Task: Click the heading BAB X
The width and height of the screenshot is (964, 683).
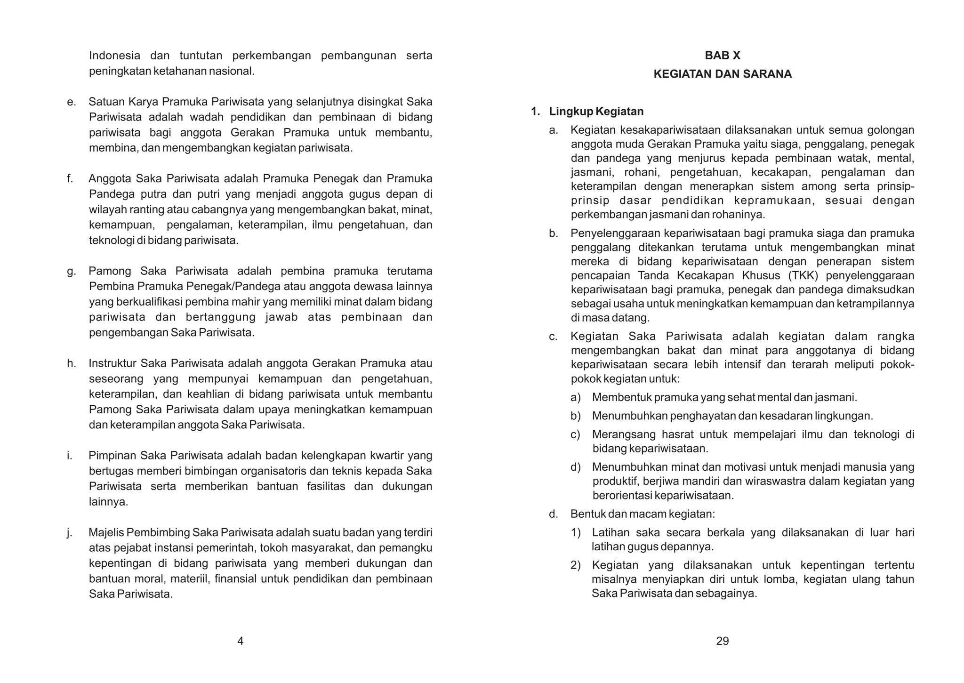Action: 722,56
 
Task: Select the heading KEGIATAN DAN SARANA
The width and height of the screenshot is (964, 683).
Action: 722,74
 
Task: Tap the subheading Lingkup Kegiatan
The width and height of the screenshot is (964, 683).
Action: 596,112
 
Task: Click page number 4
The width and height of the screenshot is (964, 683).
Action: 240,641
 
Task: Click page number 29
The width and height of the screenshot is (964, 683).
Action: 722,641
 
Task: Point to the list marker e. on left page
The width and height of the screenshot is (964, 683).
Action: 71,102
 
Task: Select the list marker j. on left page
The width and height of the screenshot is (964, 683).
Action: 70,533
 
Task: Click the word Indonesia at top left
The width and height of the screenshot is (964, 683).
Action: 114,56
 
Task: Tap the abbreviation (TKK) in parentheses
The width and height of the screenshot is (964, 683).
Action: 800,275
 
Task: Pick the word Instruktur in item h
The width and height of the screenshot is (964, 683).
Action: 112,363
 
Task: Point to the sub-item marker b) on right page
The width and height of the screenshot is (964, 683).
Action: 575,416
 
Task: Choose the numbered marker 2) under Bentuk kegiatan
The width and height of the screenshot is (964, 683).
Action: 575,565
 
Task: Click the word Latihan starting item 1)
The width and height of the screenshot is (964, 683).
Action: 610,533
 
